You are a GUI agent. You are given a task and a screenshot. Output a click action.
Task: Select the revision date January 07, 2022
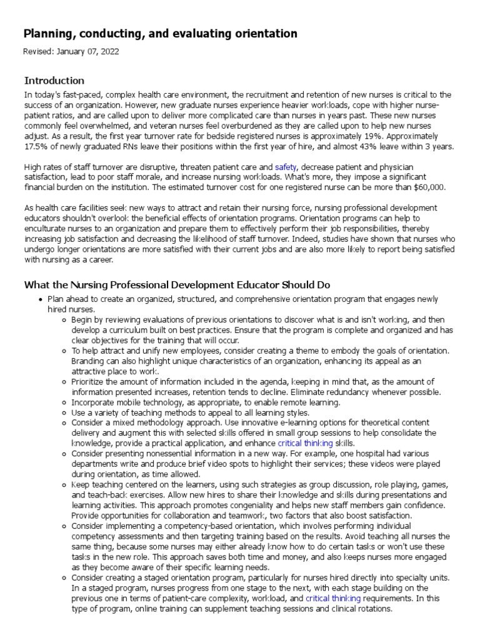coord(89,52)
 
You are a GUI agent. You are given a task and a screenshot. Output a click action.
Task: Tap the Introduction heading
coord(54,81)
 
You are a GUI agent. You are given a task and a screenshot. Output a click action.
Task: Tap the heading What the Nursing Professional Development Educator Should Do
coord(177,285)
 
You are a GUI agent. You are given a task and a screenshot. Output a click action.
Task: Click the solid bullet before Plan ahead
coord(41,299)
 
